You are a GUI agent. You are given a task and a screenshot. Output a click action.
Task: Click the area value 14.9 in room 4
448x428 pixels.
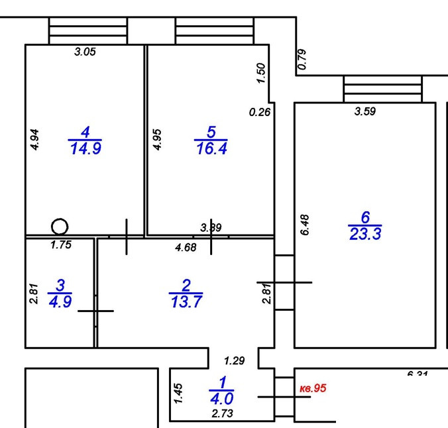85,148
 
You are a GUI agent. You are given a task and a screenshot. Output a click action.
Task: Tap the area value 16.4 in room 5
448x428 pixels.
211,148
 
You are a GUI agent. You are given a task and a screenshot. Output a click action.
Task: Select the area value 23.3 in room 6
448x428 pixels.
365,233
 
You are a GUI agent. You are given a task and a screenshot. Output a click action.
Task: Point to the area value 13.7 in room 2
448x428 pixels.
186,301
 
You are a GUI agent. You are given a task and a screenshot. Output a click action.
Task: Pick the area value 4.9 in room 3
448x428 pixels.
60,301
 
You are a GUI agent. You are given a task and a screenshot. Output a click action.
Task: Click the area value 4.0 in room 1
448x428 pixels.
221,398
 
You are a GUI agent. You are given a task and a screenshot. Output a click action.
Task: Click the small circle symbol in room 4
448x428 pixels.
60,227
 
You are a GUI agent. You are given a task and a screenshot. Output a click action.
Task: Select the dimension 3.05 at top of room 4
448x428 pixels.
85,52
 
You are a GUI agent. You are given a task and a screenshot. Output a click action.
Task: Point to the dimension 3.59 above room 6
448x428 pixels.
365,112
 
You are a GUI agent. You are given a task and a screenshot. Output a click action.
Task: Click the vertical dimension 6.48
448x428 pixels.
305,225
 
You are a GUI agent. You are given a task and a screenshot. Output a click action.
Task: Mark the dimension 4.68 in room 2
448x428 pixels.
185,248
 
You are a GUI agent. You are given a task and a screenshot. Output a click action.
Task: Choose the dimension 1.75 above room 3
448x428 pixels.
60,244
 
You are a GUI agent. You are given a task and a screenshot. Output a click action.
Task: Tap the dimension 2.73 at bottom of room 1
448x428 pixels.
221,414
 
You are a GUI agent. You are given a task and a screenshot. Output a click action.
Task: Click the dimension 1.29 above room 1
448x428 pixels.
233,361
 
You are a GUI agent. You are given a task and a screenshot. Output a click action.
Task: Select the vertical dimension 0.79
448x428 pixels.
302,60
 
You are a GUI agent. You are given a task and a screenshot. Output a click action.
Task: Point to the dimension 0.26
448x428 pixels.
260,113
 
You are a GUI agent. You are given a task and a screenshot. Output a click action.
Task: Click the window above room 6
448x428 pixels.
382,89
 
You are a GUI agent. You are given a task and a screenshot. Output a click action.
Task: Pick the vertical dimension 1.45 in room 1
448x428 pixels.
178,394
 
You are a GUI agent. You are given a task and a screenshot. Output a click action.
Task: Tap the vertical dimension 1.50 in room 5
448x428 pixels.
260,73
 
